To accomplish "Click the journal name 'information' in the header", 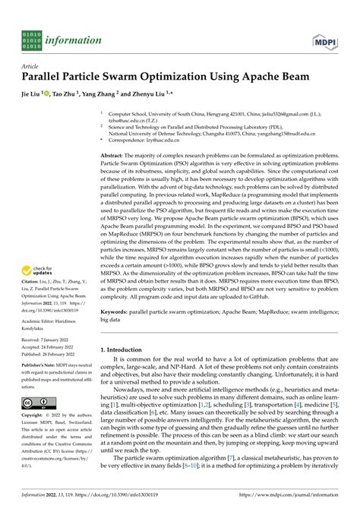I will pyautogui.click(x=73, y=40).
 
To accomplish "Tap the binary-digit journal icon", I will pyautogui.click(x=32, y=40).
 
